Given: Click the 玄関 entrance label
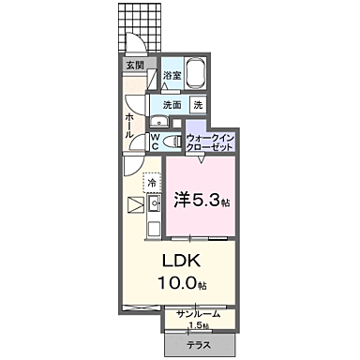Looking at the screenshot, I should click(x=134, y=66).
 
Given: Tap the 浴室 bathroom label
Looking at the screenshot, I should click(x=172, y=74).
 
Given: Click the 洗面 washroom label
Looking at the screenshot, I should click(x=172, y=105).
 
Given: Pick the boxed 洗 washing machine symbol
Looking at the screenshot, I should click(x=198, y=105).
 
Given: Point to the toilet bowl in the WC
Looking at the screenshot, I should click(x=169, y=141).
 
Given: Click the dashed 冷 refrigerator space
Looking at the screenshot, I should click(x=152, y=182).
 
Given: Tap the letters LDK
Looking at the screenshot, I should click(x=188, y=260).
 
